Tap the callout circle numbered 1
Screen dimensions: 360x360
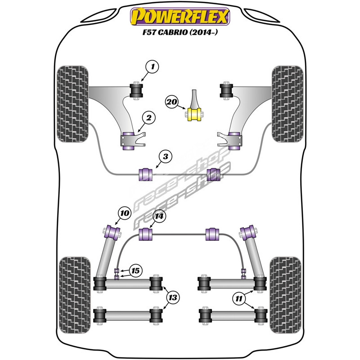pos(153,68)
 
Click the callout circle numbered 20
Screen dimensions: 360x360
pos(171,102)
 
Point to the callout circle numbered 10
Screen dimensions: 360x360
pos(124,212)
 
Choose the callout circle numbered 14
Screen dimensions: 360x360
pos(158,217)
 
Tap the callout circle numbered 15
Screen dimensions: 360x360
pos(135,271)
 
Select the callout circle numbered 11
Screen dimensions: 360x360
pos(239,297)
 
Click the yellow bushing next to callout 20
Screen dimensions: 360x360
pos(195,114)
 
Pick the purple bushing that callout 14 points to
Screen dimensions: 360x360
pos(146,235)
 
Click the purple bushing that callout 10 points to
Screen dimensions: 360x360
pos(112,233)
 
